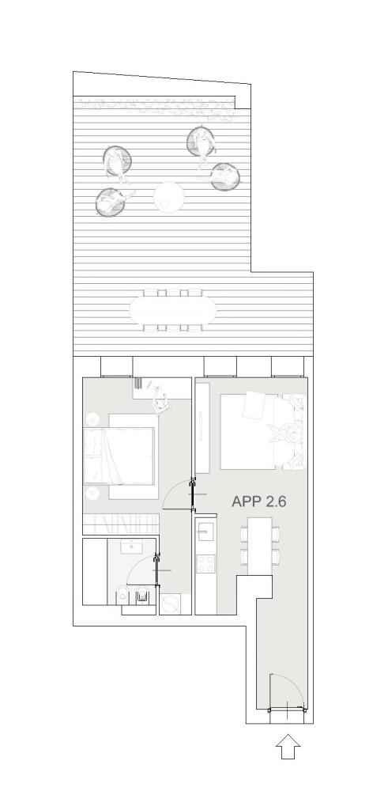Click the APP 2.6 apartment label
pos(259,502)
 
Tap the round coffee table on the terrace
pos(169,197)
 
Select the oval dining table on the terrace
pos(173,310)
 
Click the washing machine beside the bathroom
pos(169,604)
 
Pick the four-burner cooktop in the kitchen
pos(206,563)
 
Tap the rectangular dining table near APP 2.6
pos(260,546)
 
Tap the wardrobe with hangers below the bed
pos(121,524)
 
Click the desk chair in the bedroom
pos(161,399)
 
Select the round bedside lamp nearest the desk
pos(92,419)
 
